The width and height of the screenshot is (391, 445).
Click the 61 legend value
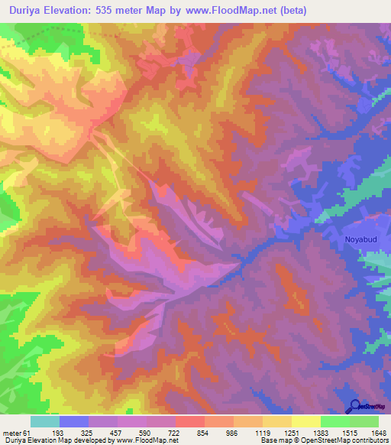click(27, 433)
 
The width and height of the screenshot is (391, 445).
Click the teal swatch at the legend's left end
click(45, 421)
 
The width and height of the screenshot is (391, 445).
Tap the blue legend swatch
click(74, 421)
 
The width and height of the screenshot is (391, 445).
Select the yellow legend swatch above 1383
click(305, 421)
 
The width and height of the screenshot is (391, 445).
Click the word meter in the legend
click(11, 433)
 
